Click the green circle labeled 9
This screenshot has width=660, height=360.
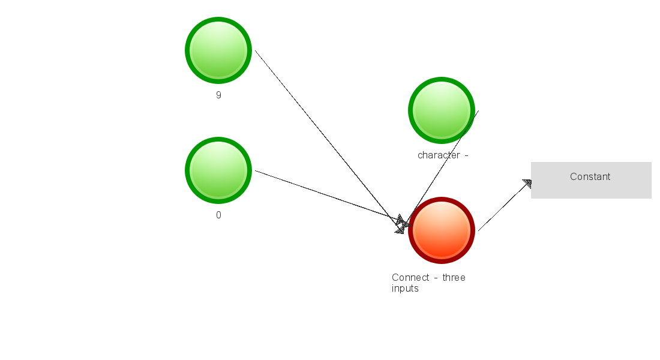click(218, 50)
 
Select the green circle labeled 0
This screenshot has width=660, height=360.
click(218, 170)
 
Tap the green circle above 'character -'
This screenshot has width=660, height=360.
click(442, 110)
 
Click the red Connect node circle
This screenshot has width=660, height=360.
click(442, 230)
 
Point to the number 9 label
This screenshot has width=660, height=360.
click(218, 95)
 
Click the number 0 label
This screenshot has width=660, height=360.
click(218, 215)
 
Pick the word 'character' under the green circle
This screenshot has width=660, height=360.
click(439, 155)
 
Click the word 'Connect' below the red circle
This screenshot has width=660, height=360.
click(411, 277)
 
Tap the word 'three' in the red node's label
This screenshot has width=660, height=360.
click(454, 277)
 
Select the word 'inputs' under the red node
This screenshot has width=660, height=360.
click(405, 289)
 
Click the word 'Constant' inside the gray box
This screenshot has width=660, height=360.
click(590, 176)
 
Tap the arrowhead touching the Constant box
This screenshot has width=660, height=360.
click(527, 184)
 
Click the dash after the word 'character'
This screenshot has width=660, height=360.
click(466, 155)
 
